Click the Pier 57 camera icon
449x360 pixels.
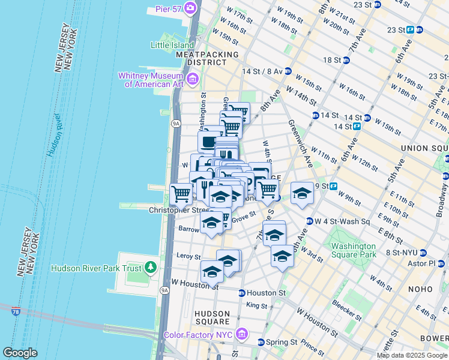point(191,8)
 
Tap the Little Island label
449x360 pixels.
point(172,45)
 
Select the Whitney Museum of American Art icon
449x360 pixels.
point(193,79)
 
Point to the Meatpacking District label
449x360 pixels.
point(207,58)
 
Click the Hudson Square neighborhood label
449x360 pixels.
point(212,317)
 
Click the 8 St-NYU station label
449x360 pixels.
point(402,253)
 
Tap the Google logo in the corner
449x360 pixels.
point(20,353)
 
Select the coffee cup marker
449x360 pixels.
point(208,142)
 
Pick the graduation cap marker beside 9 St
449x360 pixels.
point(303,193)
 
